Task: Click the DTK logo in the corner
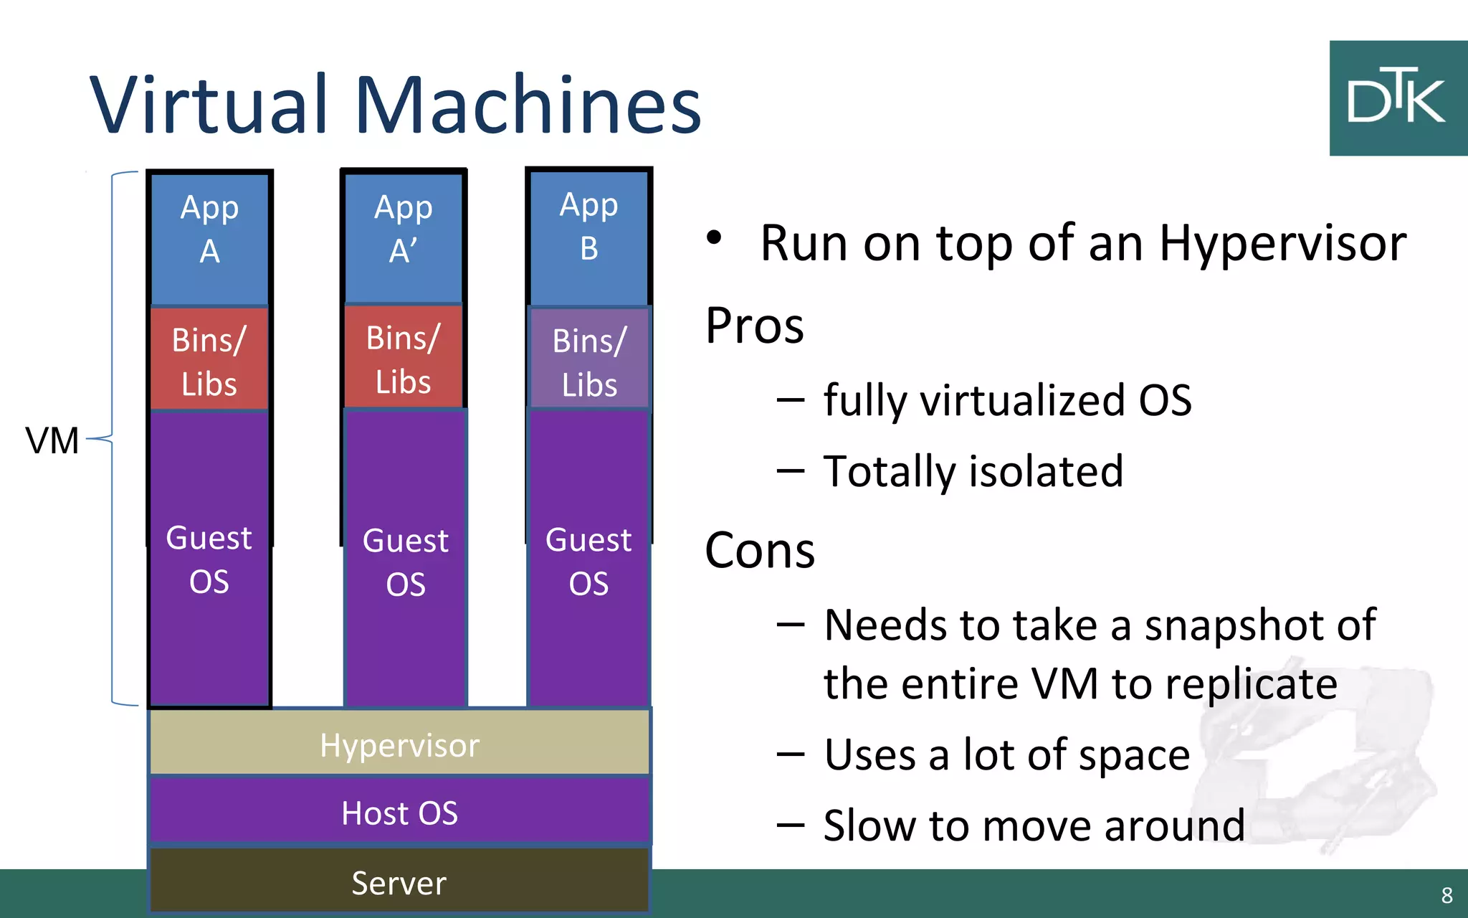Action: [1398, 98]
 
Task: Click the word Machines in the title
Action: [528, 105]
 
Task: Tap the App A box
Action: [209, 237]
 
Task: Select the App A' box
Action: [404, 237]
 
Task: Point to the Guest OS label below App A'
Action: [406, 562]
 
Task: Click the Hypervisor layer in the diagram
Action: [399, 744]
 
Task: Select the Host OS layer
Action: [399, 813]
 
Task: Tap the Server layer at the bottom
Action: [399, 882]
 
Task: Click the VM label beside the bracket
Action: [52, 440]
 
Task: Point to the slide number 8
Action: [1446, 895]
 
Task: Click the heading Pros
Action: [754, 326]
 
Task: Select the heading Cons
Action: [760, 551]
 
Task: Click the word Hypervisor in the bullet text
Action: [1282, 244]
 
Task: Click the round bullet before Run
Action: [714, 239]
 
